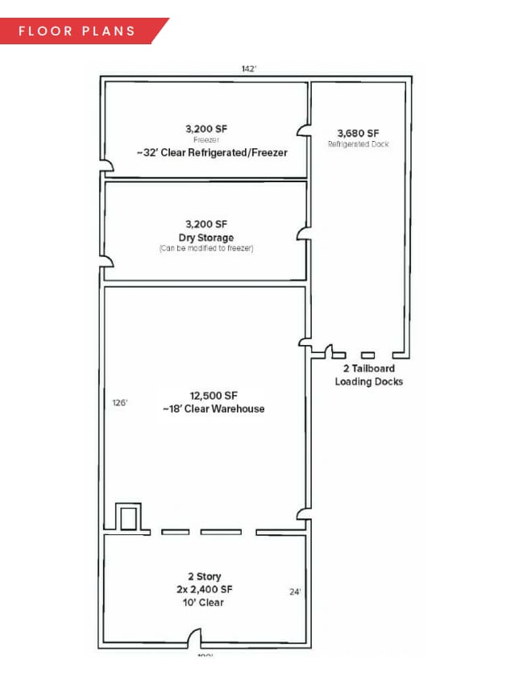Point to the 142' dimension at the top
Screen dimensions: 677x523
tap(249, 69)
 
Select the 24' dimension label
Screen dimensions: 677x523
tap(295, 592)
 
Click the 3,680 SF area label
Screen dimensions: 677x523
tap(358, 132)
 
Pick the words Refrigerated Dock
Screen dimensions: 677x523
tap(358, 144)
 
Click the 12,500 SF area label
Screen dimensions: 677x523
tap(214, 396)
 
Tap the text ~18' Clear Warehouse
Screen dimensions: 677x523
tap(214, 409)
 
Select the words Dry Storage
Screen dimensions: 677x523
tap(206, 238)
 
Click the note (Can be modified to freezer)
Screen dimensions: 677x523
tap(206, 248)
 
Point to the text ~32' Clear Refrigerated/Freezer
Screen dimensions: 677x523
tap(206, 152)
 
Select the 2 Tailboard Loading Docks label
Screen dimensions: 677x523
tap(368, 375)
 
